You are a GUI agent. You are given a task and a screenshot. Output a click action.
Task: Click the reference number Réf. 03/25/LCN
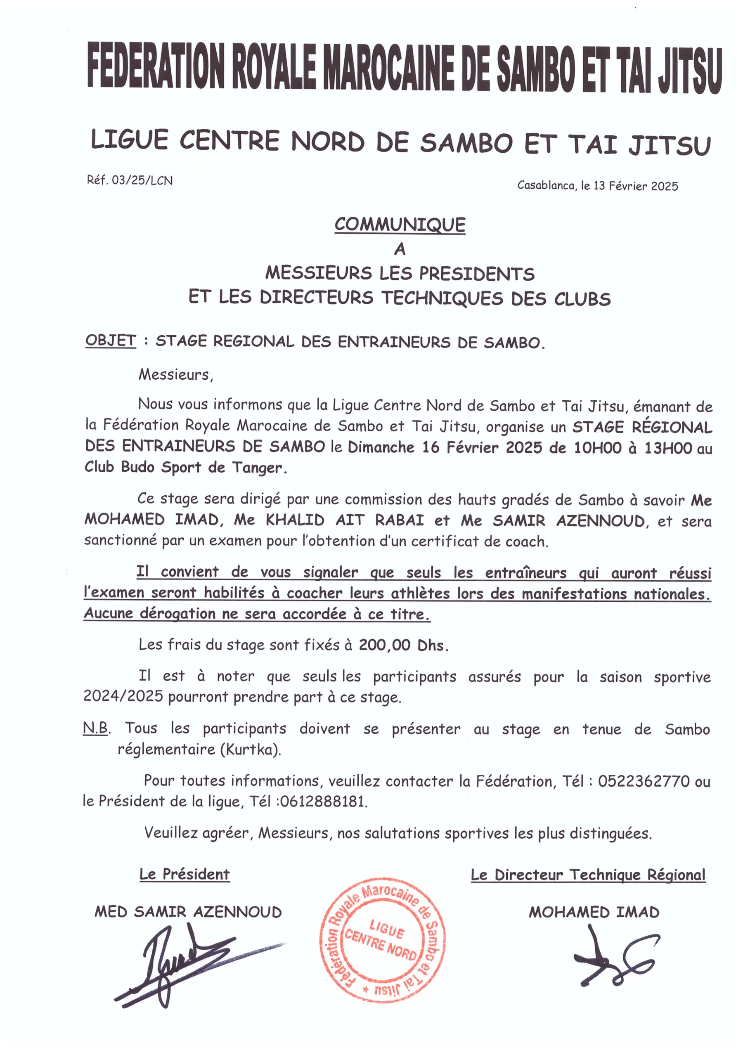tap(130, 180)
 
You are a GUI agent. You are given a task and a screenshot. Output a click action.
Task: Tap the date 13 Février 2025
tap(636, 186)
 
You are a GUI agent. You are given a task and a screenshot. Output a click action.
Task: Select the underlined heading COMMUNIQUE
tap(400, 225)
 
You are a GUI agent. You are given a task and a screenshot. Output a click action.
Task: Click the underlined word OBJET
tap(110, 341)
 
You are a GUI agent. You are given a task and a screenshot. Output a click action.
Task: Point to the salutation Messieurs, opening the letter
tap(176, 375)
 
